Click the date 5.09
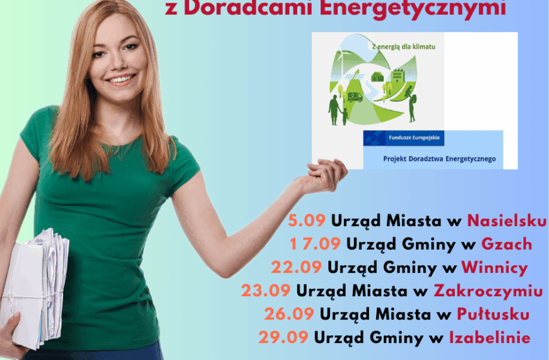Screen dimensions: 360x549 click(x=307, y=220)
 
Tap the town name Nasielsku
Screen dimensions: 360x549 click(x=507, y=220)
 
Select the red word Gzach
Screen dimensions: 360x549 click(x=506, y=244)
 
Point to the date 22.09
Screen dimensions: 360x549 click(x=297, y=267)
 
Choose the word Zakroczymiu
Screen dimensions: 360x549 click(x=488, y=291)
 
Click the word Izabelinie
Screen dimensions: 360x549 click(x=489, y=337)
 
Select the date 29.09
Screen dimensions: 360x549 click(x=283, y=337)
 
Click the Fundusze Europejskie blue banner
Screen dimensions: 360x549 click(x=404, y=138)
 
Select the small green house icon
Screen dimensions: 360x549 click(x=378, y=76)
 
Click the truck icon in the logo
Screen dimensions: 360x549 click(x=355, y=97)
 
